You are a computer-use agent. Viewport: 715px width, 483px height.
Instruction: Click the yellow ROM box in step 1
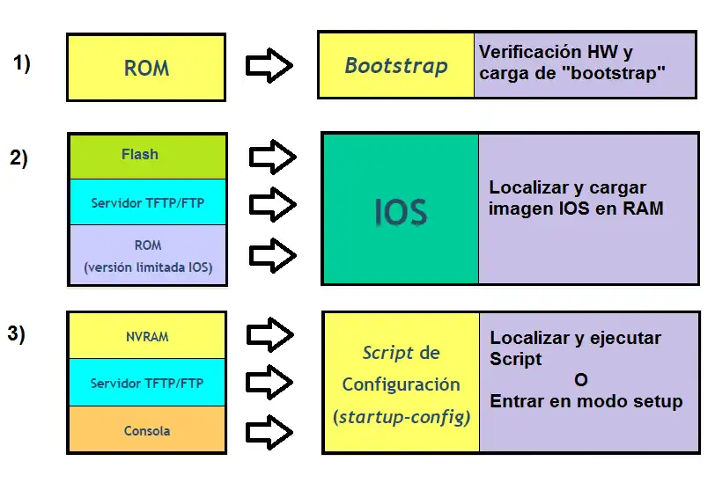[146, 68]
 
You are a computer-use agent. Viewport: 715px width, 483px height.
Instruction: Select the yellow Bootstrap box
[396, 66]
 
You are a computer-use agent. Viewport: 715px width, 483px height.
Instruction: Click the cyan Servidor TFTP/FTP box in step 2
[147, 203]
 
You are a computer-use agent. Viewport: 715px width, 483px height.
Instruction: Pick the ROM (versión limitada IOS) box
[147, 255]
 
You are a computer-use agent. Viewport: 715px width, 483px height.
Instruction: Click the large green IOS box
[400, 211]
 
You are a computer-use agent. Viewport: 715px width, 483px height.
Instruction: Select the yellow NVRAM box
[147, 336]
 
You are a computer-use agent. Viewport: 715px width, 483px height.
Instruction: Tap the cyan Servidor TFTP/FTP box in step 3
[147, 383]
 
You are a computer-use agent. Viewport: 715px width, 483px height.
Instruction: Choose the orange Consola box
[147, 430]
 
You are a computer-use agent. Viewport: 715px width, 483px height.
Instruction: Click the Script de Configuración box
[401, 384]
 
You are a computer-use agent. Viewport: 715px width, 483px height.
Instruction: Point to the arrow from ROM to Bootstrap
[269, 66]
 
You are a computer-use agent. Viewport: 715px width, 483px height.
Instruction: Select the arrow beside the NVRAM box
[269, 334]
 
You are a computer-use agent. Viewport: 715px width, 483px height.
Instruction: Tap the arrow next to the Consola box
[269, 432]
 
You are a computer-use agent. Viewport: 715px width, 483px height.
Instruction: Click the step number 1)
[22, 63]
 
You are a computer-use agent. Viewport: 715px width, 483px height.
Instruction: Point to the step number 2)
[18, 158]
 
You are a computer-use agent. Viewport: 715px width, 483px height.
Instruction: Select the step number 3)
[17, 333]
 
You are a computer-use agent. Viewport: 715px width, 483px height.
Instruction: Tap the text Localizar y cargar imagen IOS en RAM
[576, 198]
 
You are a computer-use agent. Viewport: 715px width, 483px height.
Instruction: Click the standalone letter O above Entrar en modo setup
[579, 380]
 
